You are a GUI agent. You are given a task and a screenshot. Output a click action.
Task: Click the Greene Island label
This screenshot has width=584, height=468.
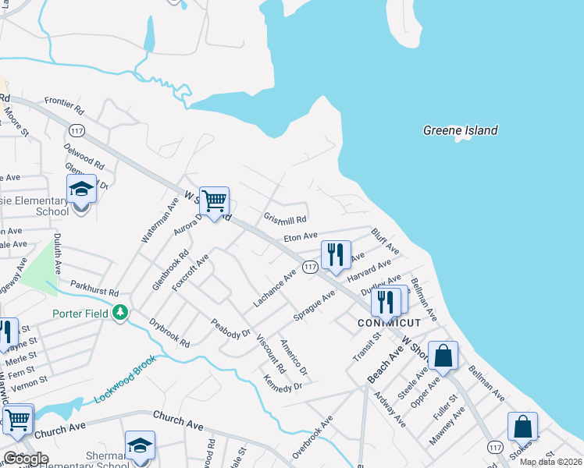click(x=460, y=131)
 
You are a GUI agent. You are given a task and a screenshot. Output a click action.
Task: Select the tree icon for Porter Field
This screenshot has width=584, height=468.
click(x=119, y=313)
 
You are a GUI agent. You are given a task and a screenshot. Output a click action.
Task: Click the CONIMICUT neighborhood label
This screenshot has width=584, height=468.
click(x=389, y=322)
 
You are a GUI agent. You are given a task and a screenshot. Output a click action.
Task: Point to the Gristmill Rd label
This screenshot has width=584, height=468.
click(x=284, y=219)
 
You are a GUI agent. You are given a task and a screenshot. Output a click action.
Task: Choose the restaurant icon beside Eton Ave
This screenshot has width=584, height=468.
click(x=336, y=255)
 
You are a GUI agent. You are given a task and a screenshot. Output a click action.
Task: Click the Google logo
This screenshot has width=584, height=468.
click(x=25, y=459)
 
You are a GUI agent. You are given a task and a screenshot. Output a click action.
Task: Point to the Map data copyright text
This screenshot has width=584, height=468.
click(x=551, y=462)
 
